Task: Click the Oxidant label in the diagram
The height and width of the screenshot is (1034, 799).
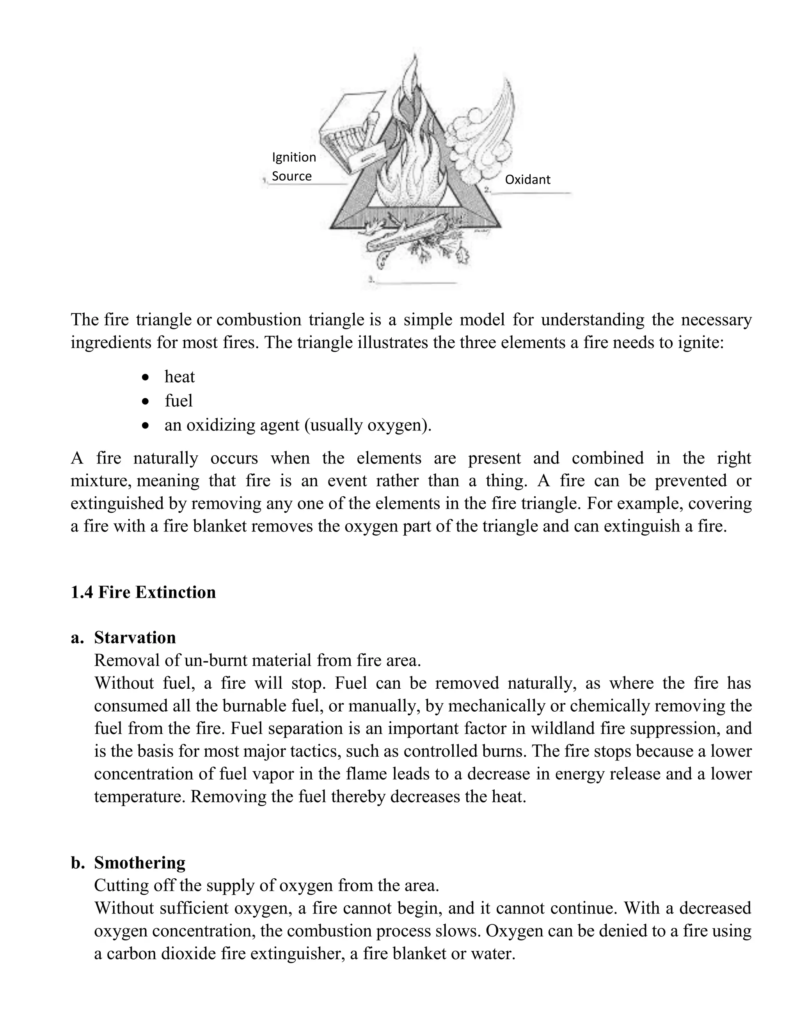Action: [527, 179]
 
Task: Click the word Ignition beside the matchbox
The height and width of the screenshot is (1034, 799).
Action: [294, 157]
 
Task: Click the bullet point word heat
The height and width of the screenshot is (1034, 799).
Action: [179, 377]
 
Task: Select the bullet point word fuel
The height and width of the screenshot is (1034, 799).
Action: [178, 401]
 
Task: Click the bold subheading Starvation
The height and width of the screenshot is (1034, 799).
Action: [135, 637]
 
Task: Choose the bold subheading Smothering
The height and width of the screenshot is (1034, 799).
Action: [140, 863]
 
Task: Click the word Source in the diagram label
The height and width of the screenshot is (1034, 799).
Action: [291, 176]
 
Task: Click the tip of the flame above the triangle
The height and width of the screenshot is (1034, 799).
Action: [415, 56]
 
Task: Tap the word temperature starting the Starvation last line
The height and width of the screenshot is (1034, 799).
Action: [140, 796]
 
